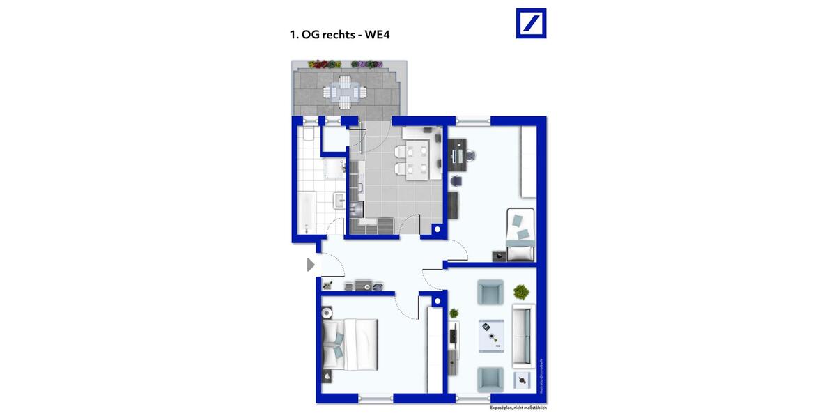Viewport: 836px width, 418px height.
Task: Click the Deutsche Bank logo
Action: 531,23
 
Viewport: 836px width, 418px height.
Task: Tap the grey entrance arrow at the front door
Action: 310,265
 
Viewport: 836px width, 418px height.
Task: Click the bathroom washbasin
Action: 339,201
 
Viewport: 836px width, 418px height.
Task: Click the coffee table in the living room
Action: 490,336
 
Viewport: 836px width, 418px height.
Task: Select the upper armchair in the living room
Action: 490,292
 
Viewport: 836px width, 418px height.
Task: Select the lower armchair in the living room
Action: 490,379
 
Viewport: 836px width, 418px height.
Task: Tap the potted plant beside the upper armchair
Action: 520,291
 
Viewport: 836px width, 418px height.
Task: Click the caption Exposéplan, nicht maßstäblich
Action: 523,408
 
